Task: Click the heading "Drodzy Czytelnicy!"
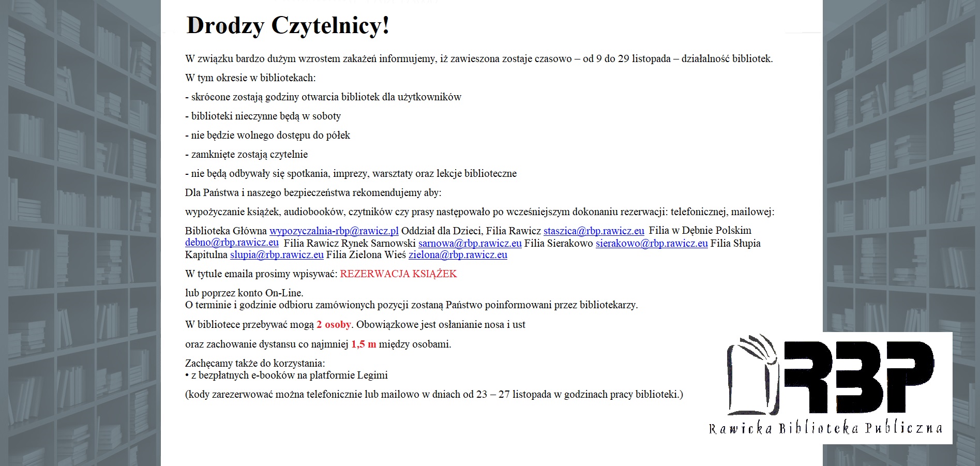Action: (288, 25)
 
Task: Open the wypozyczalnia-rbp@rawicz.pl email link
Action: (334, 231)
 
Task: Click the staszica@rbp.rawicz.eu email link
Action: (594, 231)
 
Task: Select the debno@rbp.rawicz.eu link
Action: (232, 243)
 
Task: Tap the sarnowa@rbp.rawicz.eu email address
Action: (470, 243)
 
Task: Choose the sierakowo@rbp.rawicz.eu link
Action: (652, 243)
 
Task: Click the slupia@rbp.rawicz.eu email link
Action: (277, 254)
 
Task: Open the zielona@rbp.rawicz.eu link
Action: (458, 254)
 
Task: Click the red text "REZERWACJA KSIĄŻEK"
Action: (398, 274)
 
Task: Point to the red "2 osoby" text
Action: (334, 324)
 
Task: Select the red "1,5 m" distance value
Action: (364, 344)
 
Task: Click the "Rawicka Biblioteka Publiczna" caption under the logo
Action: (825, 428)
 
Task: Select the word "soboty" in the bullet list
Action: (326, 116)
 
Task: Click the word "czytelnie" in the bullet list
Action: (289, 154)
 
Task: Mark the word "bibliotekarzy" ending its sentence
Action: (608, 305)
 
